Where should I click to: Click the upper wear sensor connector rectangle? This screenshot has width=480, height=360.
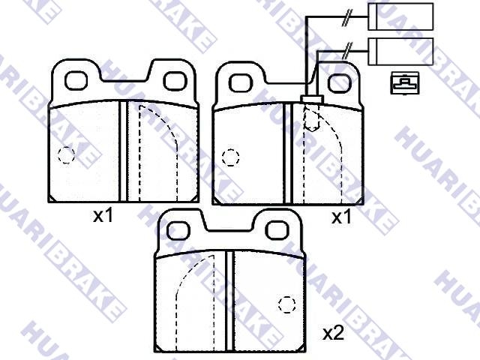pyautogui.click(x=400, y=16)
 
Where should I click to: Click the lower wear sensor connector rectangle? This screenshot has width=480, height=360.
pyautogui.click(x=400, y=52)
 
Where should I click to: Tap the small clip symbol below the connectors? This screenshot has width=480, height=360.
pyautogui.click(x=405, y=83)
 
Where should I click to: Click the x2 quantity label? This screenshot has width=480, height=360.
pyautogui.click(x=333, y=333)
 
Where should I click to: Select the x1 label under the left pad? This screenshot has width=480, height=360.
pyautogui.click(x=103, y=216)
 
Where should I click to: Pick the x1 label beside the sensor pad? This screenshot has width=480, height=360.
pyautogui.click(x=342, y=217)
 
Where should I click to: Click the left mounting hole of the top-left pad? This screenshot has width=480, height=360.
pyautogui.click(x=76, y=80)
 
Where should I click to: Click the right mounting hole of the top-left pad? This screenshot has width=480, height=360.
pyautogui.click(x=175, y=81)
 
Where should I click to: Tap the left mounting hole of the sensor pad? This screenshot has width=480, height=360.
pyautogui.click(x=241, y=82)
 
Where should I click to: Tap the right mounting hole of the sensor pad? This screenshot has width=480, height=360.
pyautogui.click(x=338, y=83)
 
